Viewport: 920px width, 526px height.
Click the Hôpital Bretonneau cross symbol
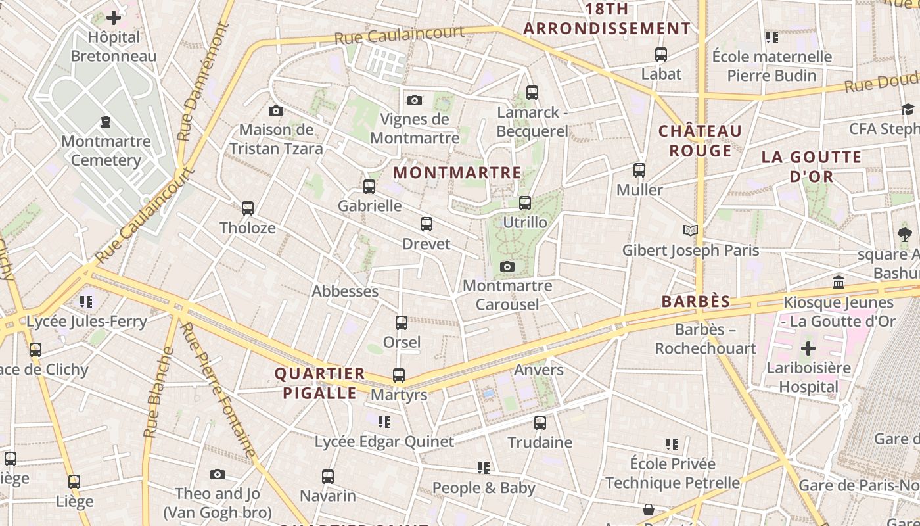click(x=114, y=18)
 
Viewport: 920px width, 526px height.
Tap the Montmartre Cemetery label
click(x=106, y=151)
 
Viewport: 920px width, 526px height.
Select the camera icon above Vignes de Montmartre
click(x=414, y=100)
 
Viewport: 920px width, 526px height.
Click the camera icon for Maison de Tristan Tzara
click(x=276, y=110)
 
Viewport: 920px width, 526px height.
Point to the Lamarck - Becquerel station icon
click(x=532, y=93)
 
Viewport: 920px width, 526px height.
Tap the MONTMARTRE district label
click(x=457, y=173)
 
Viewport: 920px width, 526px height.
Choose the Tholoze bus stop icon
click(x=248, y=208)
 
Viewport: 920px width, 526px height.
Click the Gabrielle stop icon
click(x=369, y=187)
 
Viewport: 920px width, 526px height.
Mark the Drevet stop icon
click(x=426, y=225)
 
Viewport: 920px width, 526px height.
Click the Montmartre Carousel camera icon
click(x=507, y=266)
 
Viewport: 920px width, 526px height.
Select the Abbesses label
click(x=345, y=291)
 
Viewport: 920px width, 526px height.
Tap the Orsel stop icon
click(x=402, y=323)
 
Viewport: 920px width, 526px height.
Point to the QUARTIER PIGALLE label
click(x=319, y=383)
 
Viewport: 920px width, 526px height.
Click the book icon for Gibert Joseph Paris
click(x=690, y=230)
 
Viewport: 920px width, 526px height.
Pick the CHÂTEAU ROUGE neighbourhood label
click(x=700, y=141)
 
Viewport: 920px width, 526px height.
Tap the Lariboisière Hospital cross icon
click(x=808, y=348)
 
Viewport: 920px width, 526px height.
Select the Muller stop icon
click(x=639, y=170)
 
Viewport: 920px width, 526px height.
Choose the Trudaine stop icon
click(x=540, y=423)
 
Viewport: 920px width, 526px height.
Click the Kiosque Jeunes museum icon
click(x=839, y=283)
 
